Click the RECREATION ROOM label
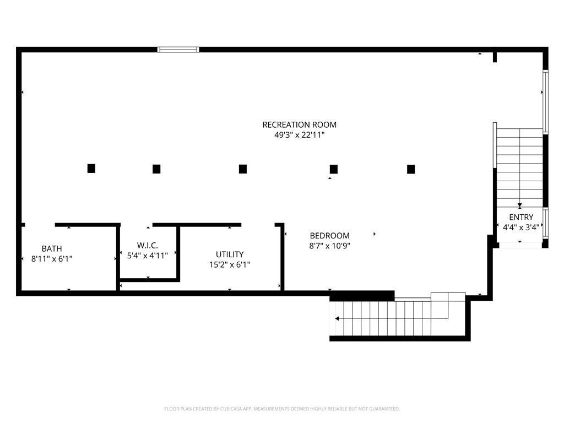click(x=299, y=124)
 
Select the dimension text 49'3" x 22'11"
click(x=299, y=135)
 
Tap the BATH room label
click(x=52, y=248)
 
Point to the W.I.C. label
click(x=148, y=245)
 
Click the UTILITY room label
click(x=230, y=254)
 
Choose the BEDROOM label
click(x=329, y=236)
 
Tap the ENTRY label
click(x=520, y=217)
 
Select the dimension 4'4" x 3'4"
click(x=520, y=226)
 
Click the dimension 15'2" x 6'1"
click(x=230, y=264)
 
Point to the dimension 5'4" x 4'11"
click(x=148, y=254)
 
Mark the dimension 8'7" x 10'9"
click(x=329, y=246)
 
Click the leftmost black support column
click(x=91, y=169)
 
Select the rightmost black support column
click(x=411, y=169)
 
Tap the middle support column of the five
click(x=243, y=169)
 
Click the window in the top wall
click(x=178, y=50)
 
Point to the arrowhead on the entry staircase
click(x=519, y=205)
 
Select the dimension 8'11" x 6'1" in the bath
click(x=52, y=258)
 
